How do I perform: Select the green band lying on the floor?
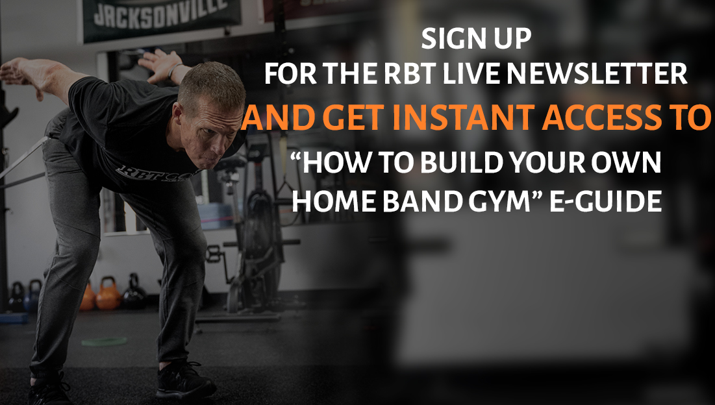click(x=103, y=341)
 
